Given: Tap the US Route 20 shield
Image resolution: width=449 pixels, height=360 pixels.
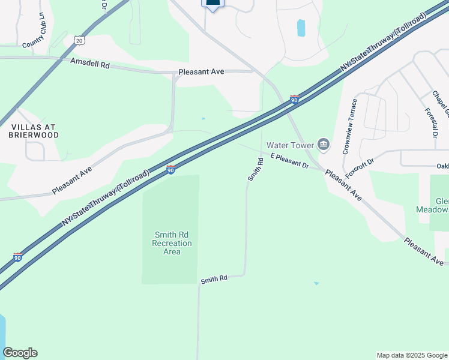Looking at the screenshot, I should click(x=80, y=40).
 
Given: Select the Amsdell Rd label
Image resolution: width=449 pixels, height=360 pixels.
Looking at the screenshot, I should click(x=90, y=62).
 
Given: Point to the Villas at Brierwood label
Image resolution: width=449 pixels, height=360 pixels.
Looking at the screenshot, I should click(x=34, y=131).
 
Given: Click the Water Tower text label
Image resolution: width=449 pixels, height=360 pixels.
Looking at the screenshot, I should click(x=291, y=145).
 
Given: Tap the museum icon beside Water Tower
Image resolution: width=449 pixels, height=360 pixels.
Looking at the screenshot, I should click(x=324, y=144).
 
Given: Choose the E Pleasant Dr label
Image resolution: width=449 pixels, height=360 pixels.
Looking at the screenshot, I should click(x=289, y=160).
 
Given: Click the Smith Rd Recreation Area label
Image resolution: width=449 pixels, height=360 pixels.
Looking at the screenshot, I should click(x=172, y=243).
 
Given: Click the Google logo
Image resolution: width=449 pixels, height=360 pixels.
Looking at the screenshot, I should click(x=20, y=353).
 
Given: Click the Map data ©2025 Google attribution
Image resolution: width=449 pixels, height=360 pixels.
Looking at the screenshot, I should click(x=412, y=355).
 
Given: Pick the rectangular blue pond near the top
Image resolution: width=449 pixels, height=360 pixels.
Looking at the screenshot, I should click(x=301, y=28).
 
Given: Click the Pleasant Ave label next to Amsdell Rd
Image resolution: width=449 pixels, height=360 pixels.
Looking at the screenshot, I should click(x=201, y=71).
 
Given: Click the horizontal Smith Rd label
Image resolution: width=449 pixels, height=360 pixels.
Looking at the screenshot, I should click(x=214, y=279).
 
